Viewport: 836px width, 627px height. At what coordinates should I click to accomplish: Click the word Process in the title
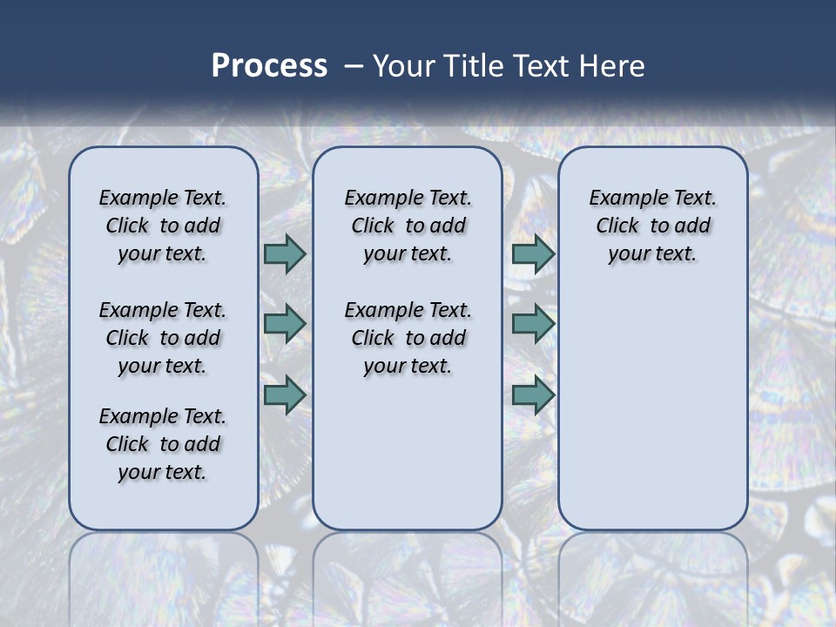[269, 65]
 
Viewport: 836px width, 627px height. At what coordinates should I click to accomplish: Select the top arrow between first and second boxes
[285, 253]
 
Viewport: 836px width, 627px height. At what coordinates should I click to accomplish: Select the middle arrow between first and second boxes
[285, 324]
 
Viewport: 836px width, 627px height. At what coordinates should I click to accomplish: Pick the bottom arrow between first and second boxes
[285, 394]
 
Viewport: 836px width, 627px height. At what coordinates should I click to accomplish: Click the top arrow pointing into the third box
[533, 253]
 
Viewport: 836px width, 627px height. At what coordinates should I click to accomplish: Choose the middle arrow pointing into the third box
[533, 324]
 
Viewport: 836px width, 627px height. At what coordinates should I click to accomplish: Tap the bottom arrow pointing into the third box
[533, 394]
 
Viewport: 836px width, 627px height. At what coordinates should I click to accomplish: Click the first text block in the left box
[163, 226]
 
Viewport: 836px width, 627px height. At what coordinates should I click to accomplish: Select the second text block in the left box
[163, 338]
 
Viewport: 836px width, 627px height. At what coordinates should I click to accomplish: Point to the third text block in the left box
[163, 444]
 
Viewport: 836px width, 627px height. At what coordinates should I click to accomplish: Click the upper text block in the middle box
[408, 226]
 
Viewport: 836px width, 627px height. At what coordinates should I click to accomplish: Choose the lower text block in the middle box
[408, 338]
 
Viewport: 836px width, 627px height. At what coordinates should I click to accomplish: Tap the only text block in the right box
[652, 226]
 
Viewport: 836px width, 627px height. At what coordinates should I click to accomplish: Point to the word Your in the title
[402, 65]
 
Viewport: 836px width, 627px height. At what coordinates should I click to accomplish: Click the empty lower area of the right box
[652, 409]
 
